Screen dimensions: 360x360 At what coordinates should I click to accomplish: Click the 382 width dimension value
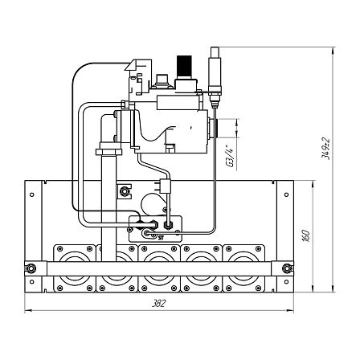pos(159,303)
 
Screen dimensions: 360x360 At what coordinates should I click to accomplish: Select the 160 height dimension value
pos(306,236)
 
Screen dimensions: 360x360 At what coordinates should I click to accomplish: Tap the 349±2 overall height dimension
pos(325,149)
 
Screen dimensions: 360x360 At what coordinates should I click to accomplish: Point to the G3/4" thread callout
pos(230,156)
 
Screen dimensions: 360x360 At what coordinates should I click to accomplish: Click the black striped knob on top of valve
pos(184,67)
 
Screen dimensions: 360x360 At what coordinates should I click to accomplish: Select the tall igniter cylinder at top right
pos(215,71)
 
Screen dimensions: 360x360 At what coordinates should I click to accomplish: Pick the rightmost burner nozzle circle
pos(243,268)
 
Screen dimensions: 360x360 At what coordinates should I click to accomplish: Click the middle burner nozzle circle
pos(159,268)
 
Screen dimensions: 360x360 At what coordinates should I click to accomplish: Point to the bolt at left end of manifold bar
pos(30,268)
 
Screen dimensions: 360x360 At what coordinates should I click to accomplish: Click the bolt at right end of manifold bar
pos(287,268)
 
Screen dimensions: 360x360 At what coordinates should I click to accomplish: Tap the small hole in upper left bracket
pos(32,194)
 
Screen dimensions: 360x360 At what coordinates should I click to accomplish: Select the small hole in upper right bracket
pos(287,194)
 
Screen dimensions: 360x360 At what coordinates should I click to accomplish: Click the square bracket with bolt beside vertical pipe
pos(125,191)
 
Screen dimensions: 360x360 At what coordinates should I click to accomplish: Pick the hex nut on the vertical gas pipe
pos(108,151)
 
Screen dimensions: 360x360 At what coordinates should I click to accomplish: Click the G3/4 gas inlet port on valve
pos(213,128)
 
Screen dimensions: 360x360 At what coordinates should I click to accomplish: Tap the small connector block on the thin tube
pos(165,186)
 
